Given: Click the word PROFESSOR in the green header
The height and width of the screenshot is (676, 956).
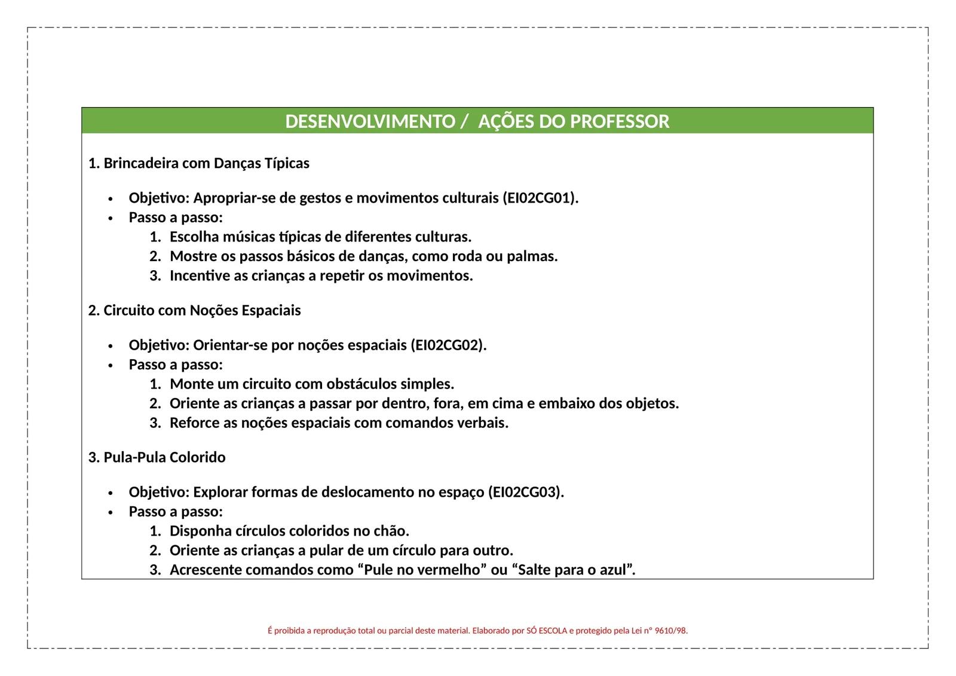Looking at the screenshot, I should pyautogui.click(x=620, y=121).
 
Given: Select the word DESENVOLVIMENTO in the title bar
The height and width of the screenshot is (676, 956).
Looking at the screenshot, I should pyautogui.click(x=370, y=121).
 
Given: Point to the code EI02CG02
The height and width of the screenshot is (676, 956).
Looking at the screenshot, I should pyautogui.click(x=448, y=345).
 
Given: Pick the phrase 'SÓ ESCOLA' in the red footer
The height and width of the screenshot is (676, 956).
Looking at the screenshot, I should pyautogui.click(x=547, y=631).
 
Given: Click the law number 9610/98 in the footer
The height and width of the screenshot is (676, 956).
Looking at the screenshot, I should pyautogui.click(x=671, y=631).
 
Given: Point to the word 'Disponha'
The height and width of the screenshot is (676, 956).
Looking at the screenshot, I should pyautogui.click(x=197, y=531).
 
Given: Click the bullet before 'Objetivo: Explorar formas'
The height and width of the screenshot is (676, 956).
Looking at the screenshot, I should pyautogui.click(x=111, y=493).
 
